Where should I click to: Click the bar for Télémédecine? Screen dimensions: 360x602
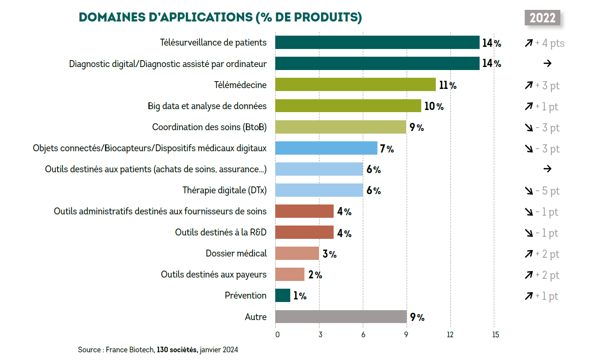pos(355,85)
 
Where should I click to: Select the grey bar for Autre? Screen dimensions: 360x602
pos(341,317)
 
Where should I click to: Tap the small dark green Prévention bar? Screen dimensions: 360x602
pos(283,296)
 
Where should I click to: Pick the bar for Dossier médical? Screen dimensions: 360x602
pos(297,253)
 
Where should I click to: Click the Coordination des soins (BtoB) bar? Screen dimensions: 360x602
pos(341,127)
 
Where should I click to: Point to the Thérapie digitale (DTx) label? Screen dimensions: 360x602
pos(225,190)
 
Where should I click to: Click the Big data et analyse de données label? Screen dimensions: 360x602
pos(207,106)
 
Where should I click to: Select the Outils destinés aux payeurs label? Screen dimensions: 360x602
pos(213,275)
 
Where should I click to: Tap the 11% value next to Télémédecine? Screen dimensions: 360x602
pos(447,85)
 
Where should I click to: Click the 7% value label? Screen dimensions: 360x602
pos(386,149)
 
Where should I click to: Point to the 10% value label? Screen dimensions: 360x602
pos(434,106)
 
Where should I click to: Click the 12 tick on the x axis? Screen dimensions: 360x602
pos(450,335)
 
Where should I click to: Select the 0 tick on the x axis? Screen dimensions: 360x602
pos(277,335)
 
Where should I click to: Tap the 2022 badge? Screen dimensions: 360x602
pos(542,18)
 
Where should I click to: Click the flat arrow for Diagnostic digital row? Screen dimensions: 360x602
pos(547,64)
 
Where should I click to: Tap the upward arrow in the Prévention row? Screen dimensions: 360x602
pos(529,296)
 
